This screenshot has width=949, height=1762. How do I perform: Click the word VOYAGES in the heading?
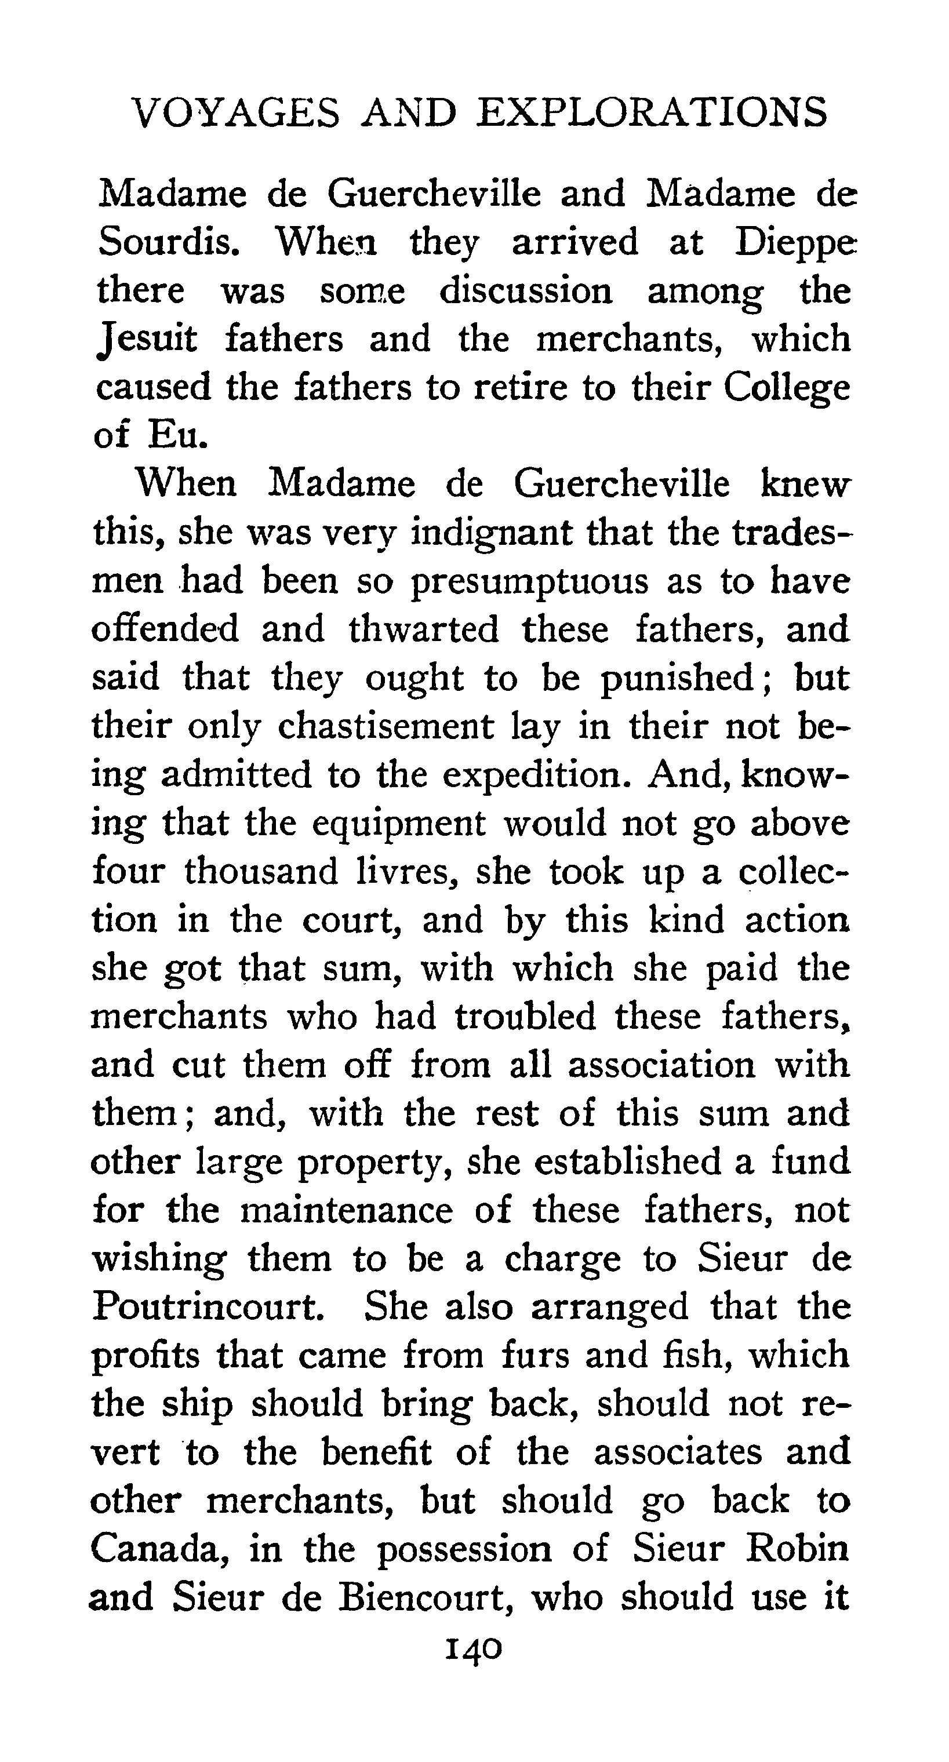[235, 113]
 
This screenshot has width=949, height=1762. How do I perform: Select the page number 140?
[474, 1649]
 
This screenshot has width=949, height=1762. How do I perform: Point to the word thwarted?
[424, 630]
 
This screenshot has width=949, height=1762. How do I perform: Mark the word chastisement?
[385, 726]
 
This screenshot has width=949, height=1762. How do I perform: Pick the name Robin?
[797, 1549]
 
